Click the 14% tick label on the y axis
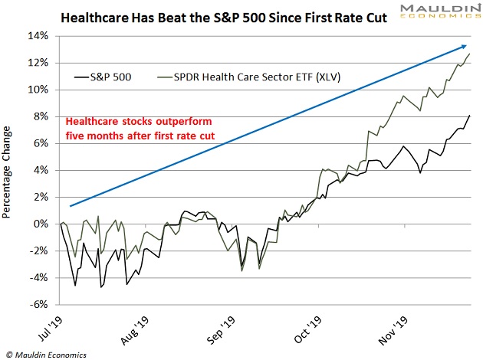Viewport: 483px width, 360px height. (x=38, y=36)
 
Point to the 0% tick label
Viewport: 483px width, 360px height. (x=41, y=224)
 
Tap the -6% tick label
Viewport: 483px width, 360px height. (x=40, y=304)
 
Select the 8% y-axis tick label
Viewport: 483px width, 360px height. (x=41, y=116)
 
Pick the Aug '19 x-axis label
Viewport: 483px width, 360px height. (x=132, y=327)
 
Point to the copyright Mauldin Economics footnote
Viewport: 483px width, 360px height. (x=46, y=354)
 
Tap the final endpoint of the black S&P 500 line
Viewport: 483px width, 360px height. (x=470, y=115)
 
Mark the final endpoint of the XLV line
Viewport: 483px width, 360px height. (x=470, y=54)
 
